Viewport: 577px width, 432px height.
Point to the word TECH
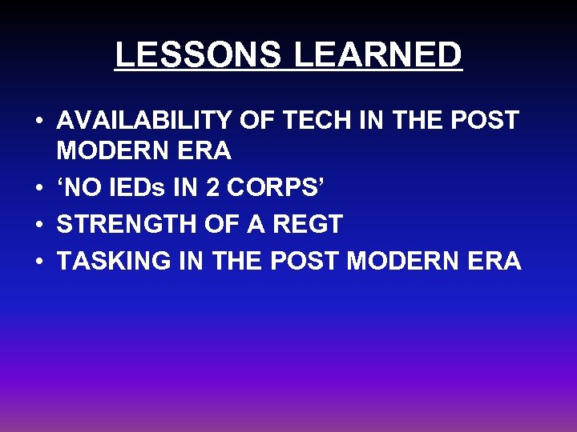(x=304, y=122)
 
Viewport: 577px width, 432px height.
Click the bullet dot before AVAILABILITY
(x=38, y=122)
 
